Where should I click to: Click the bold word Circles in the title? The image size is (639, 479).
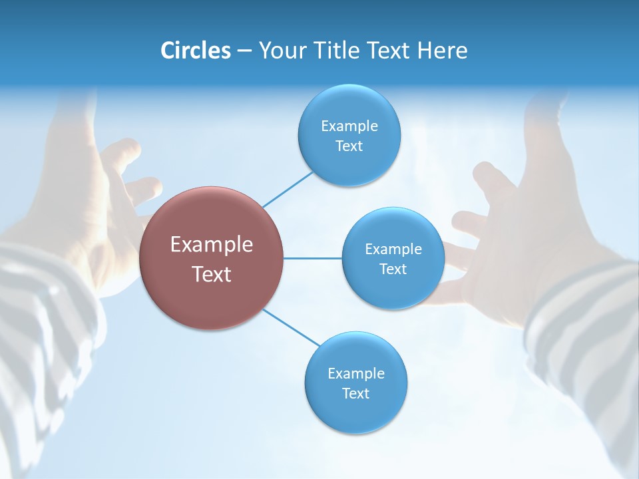pyautogui.click(x=195, y=51)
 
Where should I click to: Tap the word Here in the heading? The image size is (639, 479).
pyautogui.click(x=442, y=51)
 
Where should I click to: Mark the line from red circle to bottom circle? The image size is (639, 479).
pyautogui.click(x=291, y=327)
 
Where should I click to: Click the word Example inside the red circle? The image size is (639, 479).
pyautogui.click(x=211, y=245)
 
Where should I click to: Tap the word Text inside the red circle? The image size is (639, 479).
pyautogui.click(x=211, y=274)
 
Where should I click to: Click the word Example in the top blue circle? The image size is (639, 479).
pyautogui.click(x=349, y=126)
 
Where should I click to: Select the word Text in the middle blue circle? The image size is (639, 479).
pyautogui.click(x=393, y=269)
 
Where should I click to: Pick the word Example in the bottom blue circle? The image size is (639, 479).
pyautogui.click(x=355, y=374)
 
